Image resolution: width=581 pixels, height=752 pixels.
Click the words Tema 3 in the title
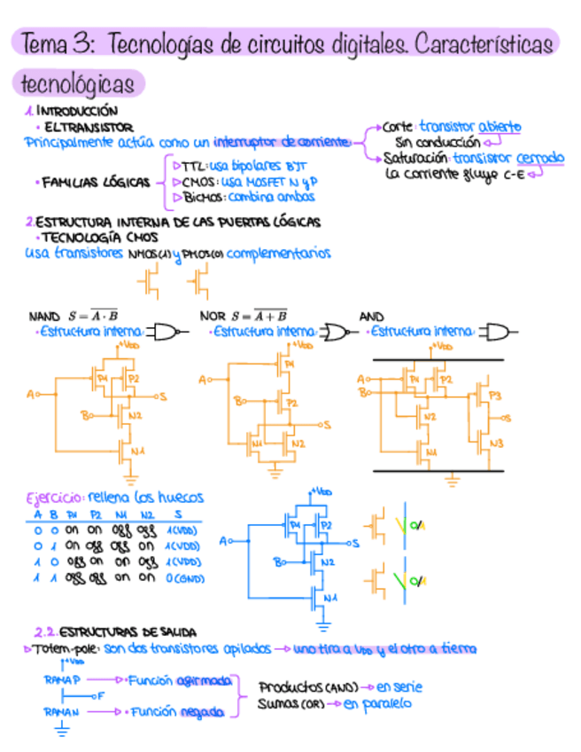[x=54, y=43]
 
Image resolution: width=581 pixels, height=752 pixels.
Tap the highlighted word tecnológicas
[x=78, y=84]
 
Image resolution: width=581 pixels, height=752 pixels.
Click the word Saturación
[x=417, y=159]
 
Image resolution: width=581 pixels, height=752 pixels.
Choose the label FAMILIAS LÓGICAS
[x=98, y=183]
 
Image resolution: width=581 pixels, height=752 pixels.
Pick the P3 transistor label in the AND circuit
[x=495, y=396]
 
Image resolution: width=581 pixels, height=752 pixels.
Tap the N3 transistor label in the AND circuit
[x=495, y=442]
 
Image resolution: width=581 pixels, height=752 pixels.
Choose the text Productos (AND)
[x=307, y=686]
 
